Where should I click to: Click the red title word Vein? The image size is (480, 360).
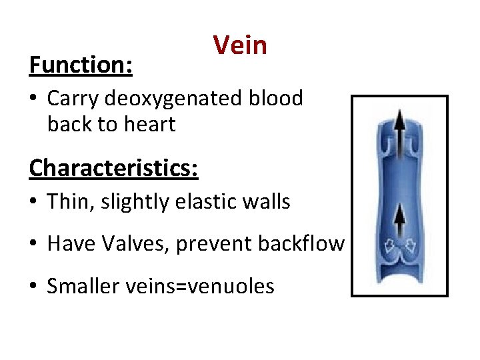click(240, 45)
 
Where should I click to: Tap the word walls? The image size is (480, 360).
click(265, 201)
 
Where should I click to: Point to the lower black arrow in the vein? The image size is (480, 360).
click(399, 223)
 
